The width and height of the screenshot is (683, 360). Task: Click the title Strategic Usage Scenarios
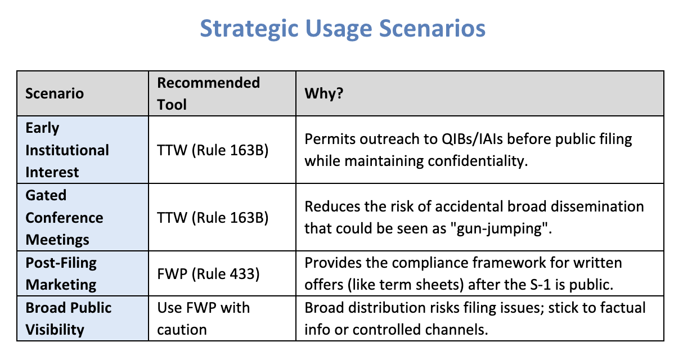tap(343, 28)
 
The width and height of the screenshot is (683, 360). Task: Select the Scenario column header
tap(54, 93)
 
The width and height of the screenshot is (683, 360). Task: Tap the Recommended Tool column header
tap(209, 93)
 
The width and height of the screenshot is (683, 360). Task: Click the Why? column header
tap(324, 93)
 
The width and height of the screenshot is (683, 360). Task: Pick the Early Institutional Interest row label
tap(67, 150)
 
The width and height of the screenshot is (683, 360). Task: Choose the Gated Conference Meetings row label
tap(64, 217)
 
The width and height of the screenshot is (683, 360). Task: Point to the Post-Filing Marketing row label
tap(61, 273)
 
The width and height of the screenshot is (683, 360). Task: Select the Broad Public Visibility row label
tap(69, 318)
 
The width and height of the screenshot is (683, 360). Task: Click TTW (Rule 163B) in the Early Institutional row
tap(213, 150)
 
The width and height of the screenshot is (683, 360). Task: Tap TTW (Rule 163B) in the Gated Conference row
tap(213, 217)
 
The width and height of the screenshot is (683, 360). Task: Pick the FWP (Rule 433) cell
tap(208, 273)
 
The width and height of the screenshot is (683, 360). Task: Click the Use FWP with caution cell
tap(203, 318)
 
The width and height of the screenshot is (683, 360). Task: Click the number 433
tap(242, 274)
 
